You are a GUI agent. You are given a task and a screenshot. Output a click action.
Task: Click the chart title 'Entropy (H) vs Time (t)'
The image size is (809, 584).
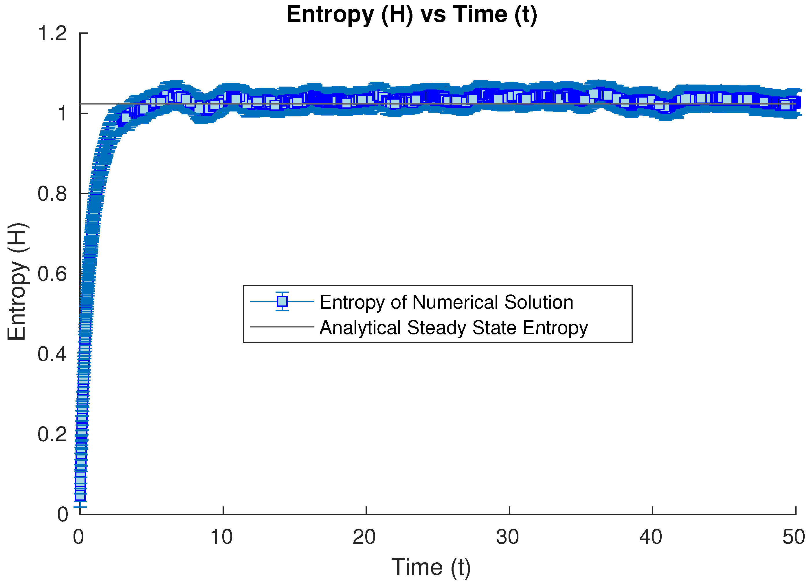click(412, 15)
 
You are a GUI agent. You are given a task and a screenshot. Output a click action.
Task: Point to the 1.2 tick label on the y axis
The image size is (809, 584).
click(52, 34)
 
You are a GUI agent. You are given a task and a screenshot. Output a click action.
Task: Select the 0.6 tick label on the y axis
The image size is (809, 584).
click(52, 274)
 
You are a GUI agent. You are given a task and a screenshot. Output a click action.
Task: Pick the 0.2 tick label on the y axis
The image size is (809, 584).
click(52, 435)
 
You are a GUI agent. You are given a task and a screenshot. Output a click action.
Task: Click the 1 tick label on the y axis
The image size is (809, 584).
click(63, 114)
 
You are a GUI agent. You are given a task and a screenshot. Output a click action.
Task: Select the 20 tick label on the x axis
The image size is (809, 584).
click(364, 537)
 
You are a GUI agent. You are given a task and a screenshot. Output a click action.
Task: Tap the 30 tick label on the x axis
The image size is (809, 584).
click(508, 537)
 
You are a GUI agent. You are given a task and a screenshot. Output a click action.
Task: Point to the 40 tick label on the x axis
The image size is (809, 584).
click(651, 537)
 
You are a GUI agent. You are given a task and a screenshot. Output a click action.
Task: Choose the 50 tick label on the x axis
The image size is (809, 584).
click(794, 537)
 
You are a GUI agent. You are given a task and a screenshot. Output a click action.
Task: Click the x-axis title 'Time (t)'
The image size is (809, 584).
click(431, 567)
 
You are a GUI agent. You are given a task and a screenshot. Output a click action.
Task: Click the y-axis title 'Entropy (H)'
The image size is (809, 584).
click(17, 282)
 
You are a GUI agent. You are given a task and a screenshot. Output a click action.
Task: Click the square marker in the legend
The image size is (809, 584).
click(282, 302)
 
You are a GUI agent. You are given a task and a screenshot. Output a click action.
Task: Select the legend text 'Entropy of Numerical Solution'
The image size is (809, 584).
click(446, 303)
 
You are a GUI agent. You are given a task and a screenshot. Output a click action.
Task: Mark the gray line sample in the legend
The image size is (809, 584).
click(282, 327)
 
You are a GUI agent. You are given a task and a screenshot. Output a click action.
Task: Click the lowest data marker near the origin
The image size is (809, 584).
click(80, 495)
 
